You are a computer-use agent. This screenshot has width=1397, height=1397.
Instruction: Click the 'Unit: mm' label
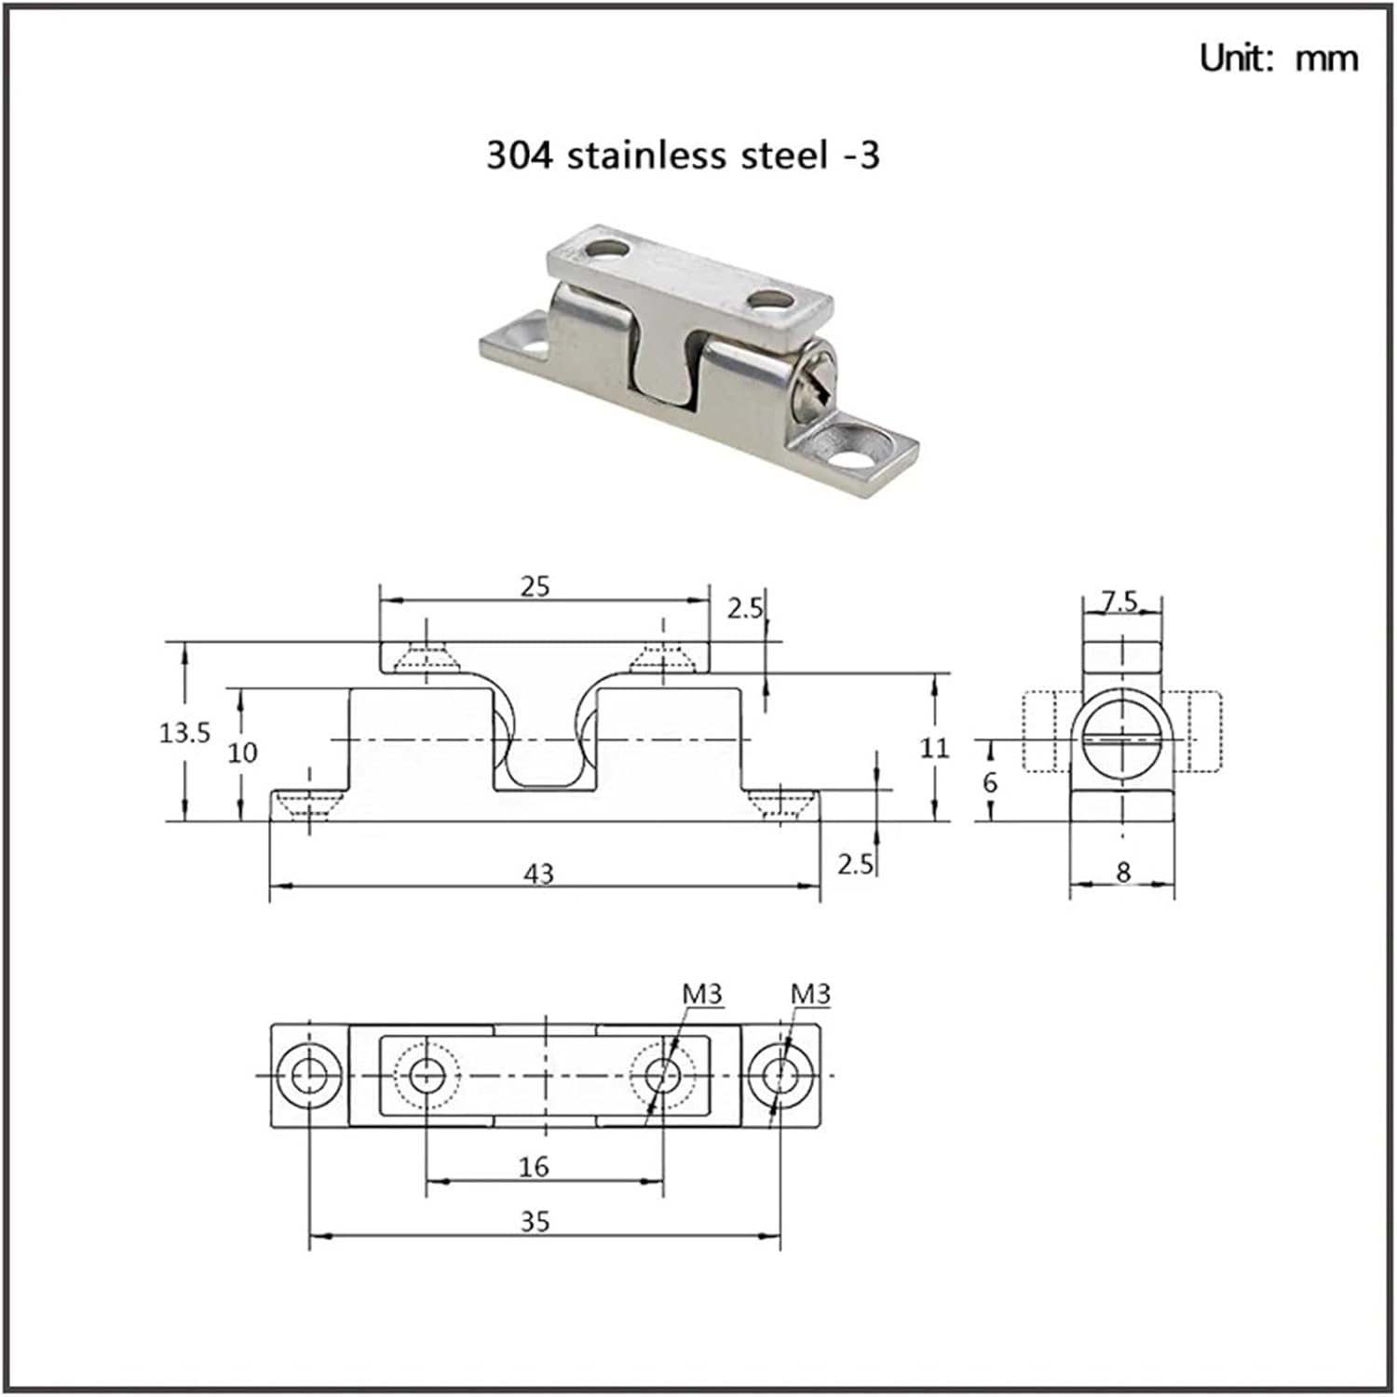1278,58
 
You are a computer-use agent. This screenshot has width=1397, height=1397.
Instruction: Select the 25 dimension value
535,587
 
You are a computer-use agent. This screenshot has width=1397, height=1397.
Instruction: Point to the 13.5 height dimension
184,733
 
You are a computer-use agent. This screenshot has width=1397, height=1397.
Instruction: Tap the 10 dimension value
242,753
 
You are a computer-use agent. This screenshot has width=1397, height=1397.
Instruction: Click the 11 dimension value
934,748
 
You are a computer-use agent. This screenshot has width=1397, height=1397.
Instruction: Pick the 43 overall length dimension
538,874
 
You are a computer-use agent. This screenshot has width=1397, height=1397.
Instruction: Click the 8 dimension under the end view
1123,872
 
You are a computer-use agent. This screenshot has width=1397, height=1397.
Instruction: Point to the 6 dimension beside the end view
990,782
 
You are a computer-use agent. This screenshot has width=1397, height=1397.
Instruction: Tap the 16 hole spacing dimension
534,1166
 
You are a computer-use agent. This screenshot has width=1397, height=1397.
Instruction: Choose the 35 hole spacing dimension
535,1222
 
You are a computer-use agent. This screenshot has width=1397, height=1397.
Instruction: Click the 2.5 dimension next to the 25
744,608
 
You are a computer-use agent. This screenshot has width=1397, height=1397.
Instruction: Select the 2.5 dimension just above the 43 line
854,864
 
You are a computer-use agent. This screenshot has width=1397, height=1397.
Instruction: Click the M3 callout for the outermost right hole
810,995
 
